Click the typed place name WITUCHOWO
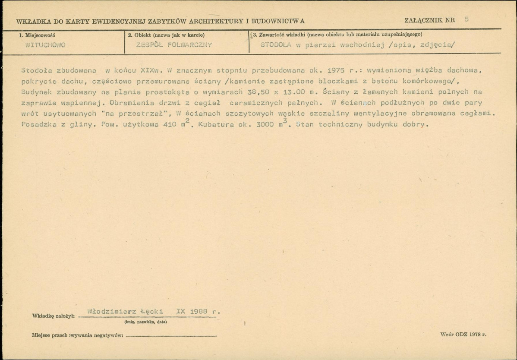click(x=45, y=45)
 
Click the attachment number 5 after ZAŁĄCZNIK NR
click(x=467, y=19)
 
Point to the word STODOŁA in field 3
click(x=276, y=45)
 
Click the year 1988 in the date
click(x=199, y=311)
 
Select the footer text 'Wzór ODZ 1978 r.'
click(x=463, y=335)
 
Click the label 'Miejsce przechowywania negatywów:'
click(x=78, y=335)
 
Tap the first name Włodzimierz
click(x=110, y=311)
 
